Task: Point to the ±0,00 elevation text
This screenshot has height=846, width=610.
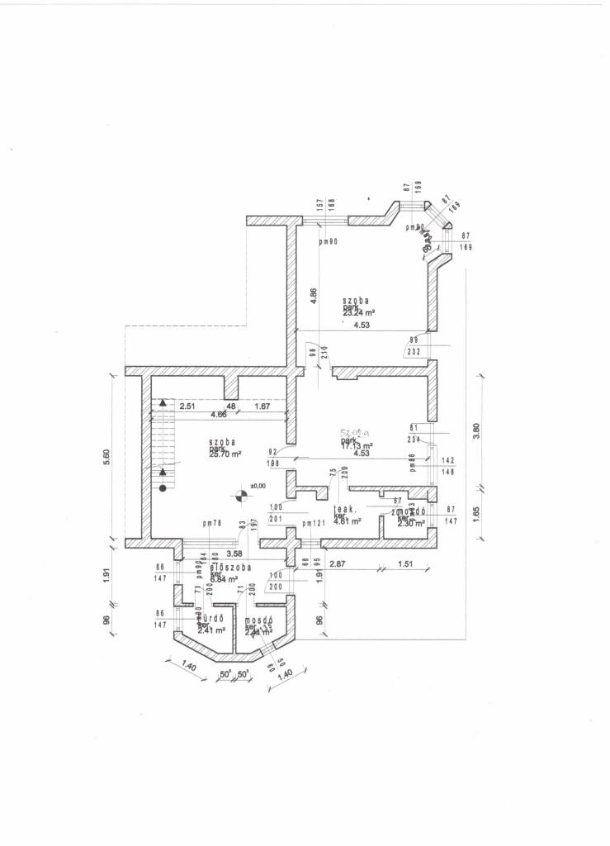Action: [x=259, y=486]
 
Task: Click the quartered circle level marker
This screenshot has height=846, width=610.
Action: [x=241, y=496]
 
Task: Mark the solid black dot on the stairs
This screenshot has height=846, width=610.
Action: [x=163, y=488]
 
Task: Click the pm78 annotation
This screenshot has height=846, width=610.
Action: [x=212, y=524]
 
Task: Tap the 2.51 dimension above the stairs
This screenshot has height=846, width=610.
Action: [x=187, y=406]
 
